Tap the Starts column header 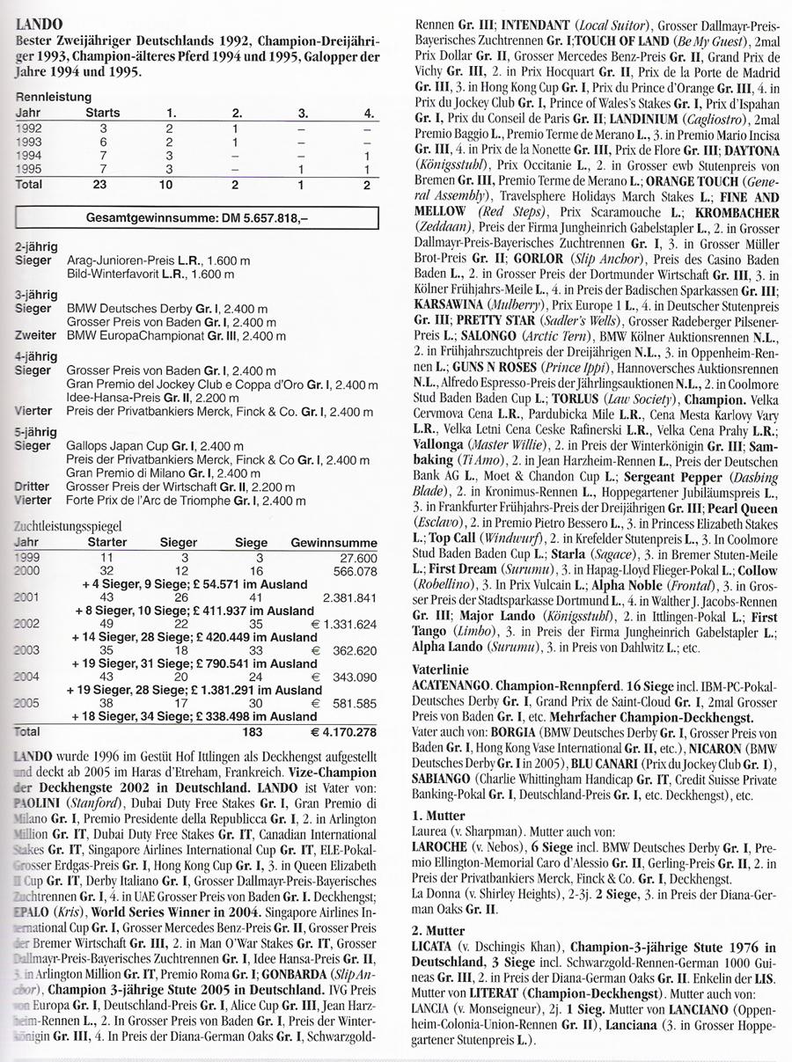(x=102, y=113)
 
